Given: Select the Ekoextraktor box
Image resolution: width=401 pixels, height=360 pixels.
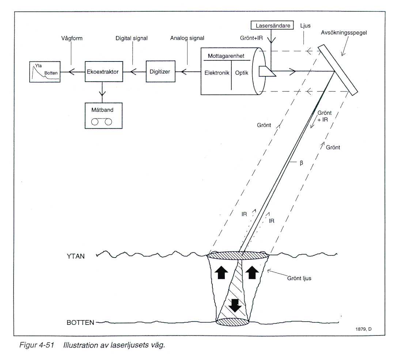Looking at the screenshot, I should coord(102,72).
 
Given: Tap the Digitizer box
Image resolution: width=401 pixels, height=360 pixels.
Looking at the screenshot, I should coord(160,72).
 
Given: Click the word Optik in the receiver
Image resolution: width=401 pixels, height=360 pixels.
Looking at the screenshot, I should coord(242,73).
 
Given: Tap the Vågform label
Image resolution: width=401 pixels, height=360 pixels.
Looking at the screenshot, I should coord(71,38).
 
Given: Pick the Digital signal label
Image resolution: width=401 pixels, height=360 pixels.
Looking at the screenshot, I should coord(132,38).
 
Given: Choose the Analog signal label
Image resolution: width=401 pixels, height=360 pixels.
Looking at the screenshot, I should coord(187,38).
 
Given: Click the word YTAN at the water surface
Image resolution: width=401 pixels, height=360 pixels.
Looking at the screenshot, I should coord(76,256).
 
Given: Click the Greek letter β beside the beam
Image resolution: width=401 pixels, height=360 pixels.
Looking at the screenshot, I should coord(301,163).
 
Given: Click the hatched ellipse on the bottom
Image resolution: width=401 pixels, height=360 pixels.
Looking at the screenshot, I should coord(232,322).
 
